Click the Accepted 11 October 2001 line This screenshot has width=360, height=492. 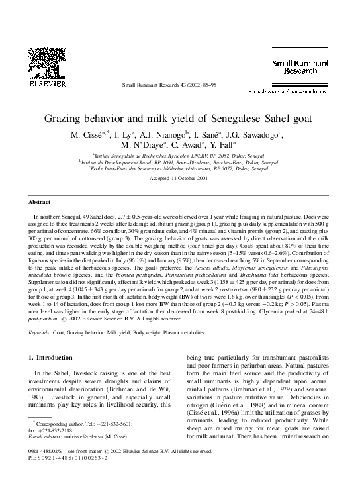point(179,179)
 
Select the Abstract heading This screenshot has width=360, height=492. point(40,201)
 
